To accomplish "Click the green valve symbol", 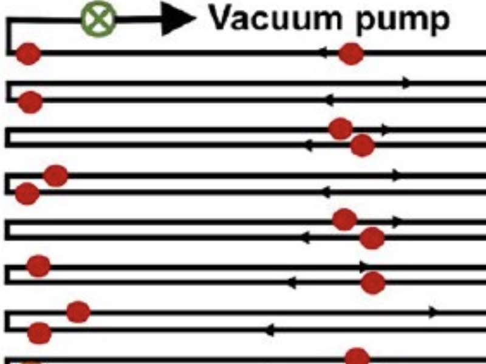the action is (98, 19).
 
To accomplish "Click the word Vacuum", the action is (276, 18).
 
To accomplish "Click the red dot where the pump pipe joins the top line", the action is (28, 54).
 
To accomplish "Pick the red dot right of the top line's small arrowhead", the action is (351, 54).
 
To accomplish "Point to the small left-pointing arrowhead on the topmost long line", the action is (323, 53).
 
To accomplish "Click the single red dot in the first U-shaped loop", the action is (30, 102).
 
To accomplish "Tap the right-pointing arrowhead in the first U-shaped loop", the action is (406, 83).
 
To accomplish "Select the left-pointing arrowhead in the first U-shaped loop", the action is (329, 100).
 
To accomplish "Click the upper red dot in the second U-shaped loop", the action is (341, 129).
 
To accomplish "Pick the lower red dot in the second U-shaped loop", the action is (362, 146).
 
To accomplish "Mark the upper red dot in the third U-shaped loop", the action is (55, 176).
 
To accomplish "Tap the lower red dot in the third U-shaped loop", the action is (27, 194).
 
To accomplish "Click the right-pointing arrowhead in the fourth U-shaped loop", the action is (397, 222).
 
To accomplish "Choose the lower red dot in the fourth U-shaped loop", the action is (372, 238).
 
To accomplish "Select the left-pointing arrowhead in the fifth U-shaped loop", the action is (292, 283).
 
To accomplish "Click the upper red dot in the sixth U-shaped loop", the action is (78, 312).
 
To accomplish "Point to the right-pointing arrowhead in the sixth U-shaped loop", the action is (433, 312).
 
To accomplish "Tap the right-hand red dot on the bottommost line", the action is (357, 357).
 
